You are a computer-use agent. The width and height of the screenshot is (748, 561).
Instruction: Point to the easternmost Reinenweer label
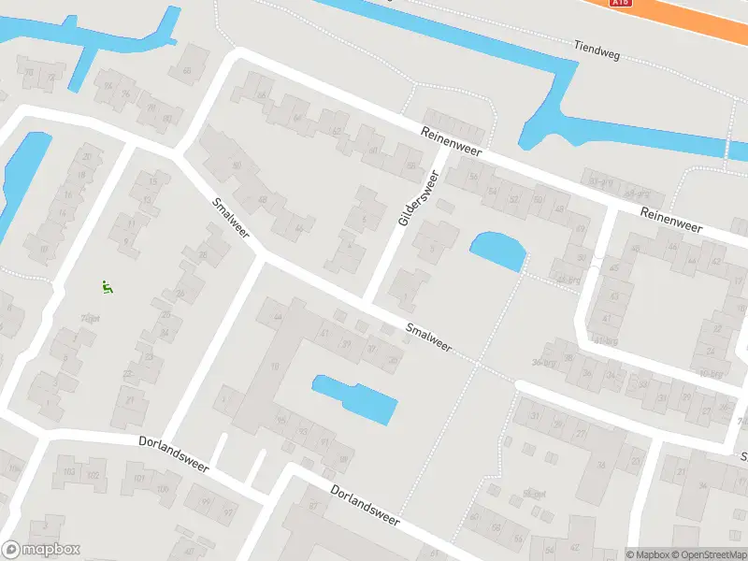pyautogui.click(x=670, y=221)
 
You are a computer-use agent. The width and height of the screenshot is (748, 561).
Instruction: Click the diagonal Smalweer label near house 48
pyautogui.click(x=230, y=216)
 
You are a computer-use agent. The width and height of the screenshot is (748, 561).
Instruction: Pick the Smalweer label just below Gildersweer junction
pyautogui.click(x=429, y=338)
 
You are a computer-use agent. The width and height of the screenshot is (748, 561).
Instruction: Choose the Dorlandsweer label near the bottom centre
pyautogui.click(x=365, y=505)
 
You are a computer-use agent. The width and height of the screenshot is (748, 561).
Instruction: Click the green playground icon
pyautogui.click(x=108, y=288)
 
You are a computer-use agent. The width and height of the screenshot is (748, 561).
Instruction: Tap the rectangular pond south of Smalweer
pyautogui.click(x=355, y=397)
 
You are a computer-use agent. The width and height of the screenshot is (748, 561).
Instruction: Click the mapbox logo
pyautogui.click(x=41, y=550)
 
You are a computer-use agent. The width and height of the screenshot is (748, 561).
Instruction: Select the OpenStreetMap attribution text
pyautogui.click(x=711, y=554)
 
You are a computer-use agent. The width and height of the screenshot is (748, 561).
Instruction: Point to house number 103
pyautogui.click(x=68, y=473)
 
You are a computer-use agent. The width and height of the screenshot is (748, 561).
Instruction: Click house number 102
pyautogui.click(x=93, y=475)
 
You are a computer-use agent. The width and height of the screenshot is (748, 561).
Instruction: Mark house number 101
pyautogui.click(x=139, y=479)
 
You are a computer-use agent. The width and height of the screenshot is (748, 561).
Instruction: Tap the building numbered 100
pyautogui.click(x=164, y=489)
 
